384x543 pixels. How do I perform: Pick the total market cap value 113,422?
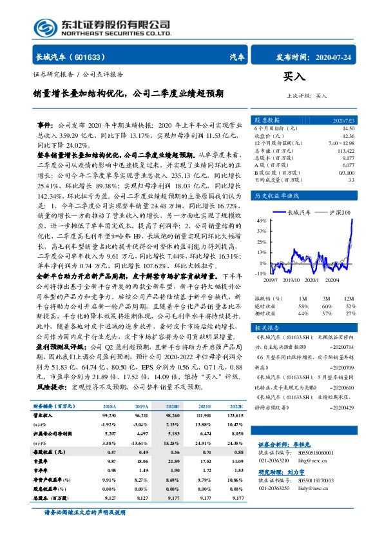point(347,150)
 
